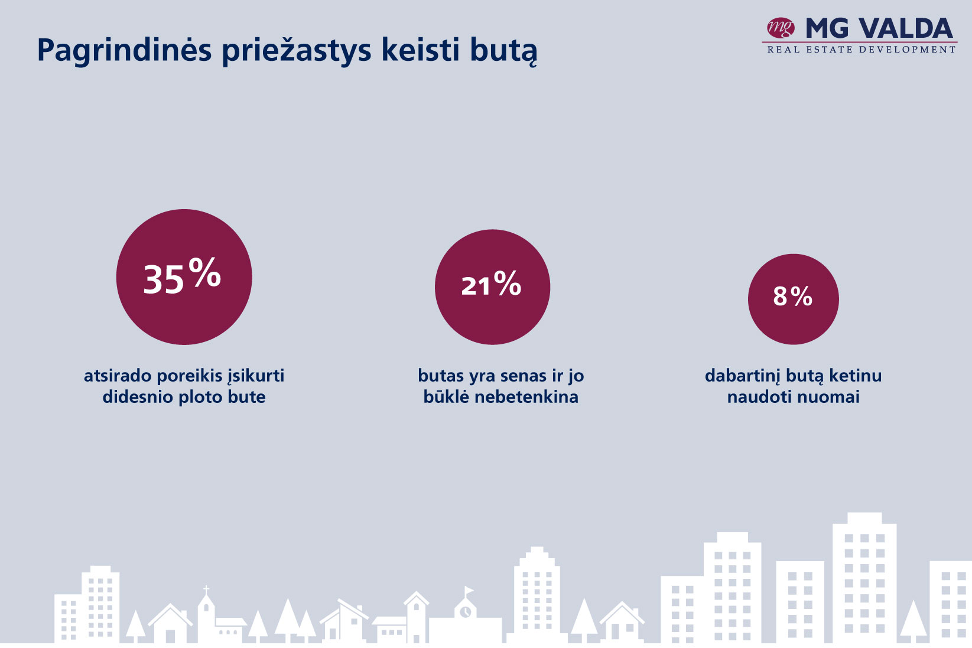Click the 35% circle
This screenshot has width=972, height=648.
tap(184, 277)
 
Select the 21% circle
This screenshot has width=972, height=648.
tap(493, 287)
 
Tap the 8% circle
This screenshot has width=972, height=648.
tap(793, 299)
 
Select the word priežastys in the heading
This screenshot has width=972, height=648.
tap(297, 51)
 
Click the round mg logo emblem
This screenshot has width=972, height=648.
tap(780, 28)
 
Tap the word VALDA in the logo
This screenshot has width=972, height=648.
tap(906, 28)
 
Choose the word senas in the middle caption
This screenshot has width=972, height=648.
tap(521, 376)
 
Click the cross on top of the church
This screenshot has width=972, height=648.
tap(206, 590)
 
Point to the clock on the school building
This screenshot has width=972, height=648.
tap(465, 612)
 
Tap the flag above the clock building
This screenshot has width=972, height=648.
tap(469, 590)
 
